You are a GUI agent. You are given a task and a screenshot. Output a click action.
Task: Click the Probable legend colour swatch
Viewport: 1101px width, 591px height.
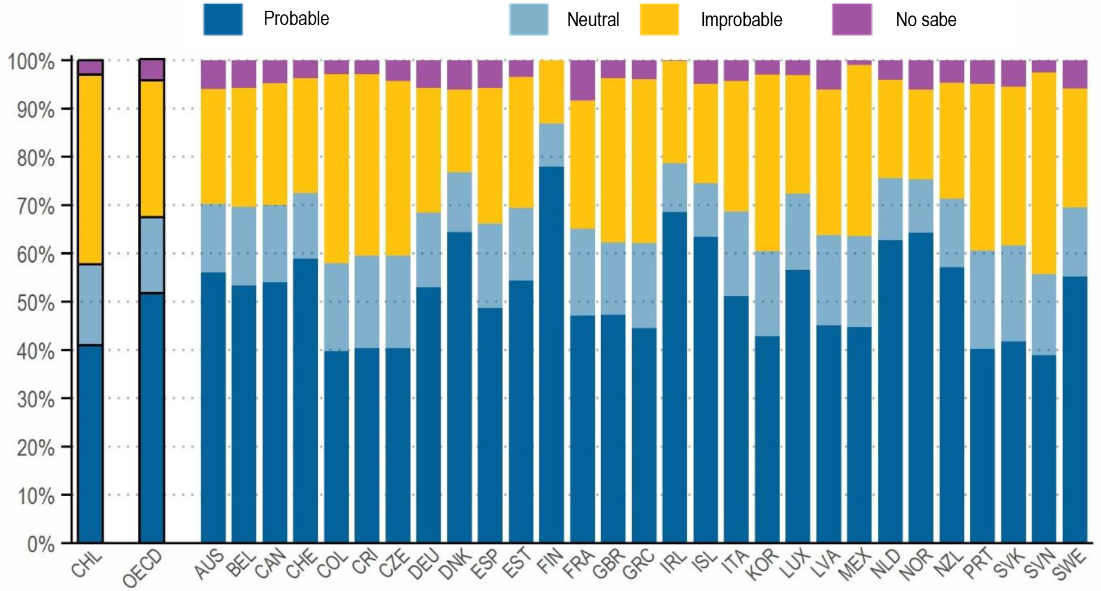[x=223, y=20]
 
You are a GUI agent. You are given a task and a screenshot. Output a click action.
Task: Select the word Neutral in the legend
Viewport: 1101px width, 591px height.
[x=593, y=20]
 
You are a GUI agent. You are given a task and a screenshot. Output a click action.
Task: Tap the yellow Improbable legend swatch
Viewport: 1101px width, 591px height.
[x=659, y=20]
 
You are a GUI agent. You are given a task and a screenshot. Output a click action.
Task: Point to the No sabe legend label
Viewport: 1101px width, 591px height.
[x=926, y=20]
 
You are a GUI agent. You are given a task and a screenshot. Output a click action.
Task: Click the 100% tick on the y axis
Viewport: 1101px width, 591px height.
[x=30, y=61]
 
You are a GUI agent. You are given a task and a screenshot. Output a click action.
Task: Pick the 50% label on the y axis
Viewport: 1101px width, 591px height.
[x=35, y=302]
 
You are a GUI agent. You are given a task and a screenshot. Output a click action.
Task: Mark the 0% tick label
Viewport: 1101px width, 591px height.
[x=41, y=544]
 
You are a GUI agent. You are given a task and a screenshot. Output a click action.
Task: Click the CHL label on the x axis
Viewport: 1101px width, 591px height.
[x=87, y=565]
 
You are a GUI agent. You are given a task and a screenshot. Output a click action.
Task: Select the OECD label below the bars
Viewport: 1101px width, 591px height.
[x=143, y=568]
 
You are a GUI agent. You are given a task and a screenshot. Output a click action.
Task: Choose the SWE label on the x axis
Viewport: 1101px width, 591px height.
[x=1069, y=565]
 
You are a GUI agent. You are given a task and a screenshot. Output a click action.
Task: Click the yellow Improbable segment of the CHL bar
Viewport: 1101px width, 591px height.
[x=91, y=169]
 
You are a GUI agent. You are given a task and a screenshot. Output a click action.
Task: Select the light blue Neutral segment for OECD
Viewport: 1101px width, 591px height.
[x=152, y=255]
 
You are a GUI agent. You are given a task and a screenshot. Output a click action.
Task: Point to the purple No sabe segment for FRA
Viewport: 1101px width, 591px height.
[x=583, y=80]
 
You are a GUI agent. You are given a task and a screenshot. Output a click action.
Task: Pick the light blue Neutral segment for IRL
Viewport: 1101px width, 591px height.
[x=675, y=187]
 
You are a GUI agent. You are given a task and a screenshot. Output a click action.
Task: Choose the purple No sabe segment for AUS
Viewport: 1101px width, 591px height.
[x=214, y=75]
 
